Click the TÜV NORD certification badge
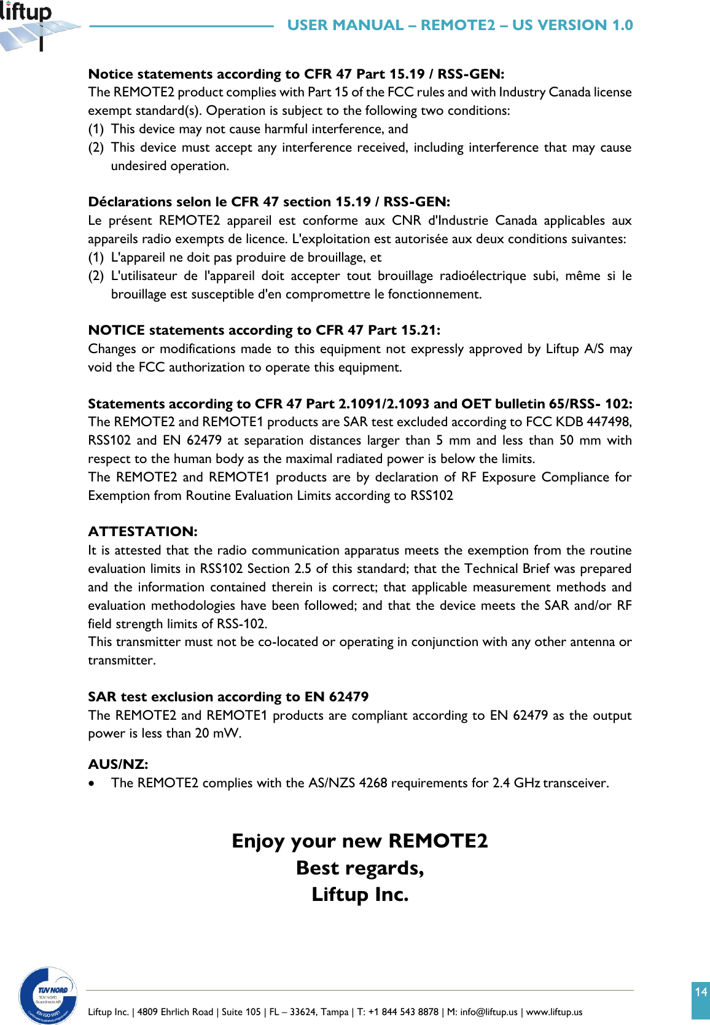[x=49, y=995]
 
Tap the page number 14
[x=700, y=992]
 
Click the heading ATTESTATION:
[x=142, y=531]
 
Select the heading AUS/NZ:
[x=118, y=764]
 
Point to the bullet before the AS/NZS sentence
[x=92, y=784]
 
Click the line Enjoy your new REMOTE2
[x=359, y=840]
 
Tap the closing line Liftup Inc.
[x=359, y=894]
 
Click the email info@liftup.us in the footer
[x=488, y=1011]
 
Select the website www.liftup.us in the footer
[x=554, y=1011]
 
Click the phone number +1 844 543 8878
[x=403, y=1011]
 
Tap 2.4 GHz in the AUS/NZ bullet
[x=516, y=783]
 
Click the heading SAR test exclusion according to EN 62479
[x=228, y=696]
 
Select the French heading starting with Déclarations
[x=269, y=201]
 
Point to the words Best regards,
[x=359, y=867]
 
